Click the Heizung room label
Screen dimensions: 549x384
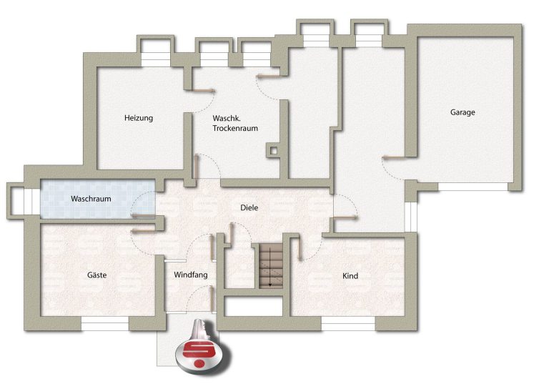139,118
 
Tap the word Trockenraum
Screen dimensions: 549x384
235,128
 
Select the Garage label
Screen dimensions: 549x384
463,112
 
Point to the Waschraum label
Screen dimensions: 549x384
91,199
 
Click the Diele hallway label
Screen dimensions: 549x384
249,208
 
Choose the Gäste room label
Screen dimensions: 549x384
97,275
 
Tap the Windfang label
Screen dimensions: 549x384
191,275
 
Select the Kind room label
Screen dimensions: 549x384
350,276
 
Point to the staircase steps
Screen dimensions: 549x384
271,266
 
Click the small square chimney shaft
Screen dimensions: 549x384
274,151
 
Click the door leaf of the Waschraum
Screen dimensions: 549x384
143,216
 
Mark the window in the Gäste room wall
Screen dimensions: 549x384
105,323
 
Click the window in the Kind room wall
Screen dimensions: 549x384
348,324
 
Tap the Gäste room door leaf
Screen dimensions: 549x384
143,231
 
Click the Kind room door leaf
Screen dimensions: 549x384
300,248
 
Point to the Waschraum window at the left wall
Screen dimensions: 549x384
32,201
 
